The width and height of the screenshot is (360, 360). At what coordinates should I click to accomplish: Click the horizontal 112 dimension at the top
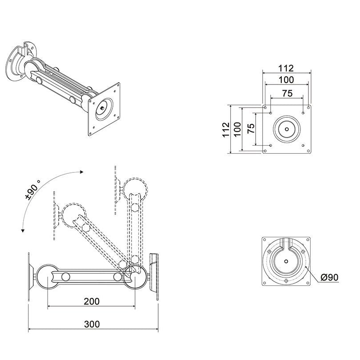(x=286, y=68)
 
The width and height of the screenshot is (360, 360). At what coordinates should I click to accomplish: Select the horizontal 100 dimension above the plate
(x=286, y=80)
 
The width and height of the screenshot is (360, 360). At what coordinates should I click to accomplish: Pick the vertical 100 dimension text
(x=238, y=129)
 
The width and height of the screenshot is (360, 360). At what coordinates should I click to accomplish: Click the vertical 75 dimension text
(x=251, y=129)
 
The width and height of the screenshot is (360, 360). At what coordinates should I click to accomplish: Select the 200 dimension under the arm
(x=91, y=301)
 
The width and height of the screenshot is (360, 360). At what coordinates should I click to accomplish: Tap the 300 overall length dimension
(x=92, y=324)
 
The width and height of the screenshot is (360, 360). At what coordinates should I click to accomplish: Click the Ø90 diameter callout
(x=330, y=277)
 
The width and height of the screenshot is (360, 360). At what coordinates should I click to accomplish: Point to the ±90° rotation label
(x=32, y=190)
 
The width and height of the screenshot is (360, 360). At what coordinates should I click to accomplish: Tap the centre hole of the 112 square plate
(x=286, y=129)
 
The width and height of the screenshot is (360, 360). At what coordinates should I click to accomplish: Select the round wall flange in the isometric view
(x=16, y=67)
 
